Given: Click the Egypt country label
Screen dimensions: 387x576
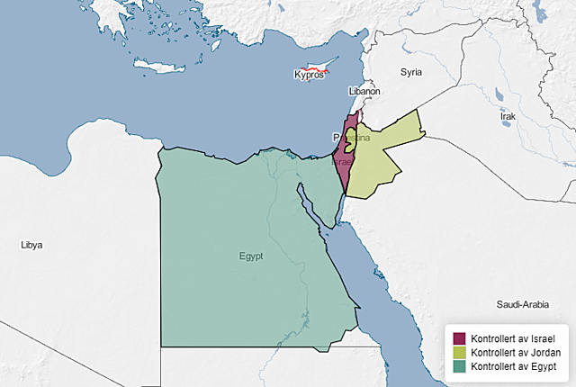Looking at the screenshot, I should [x=251, y=256].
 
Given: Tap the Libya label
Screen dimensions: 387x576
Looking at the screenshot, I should [x=31, y=245].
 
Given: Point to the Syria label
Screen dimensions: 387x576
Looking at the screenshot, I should [x=411, y=71].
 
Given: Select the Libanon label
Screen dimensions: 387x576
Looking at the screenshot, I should [x=364, y=92].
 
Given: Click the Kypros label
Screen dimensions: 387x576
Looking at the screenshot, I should [x=309, y=75].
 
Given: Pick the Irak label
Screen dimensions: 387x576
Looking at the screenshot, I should [x=508, y=117].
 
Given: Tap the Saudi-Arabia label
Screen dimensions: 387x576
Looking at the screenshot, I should [x=522, y=305].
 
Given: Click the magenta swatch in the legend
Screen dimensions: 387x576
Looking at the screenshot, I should [x=459, y=338].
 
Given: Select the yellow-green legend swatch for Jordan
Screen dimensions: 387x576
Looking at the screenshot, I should [x=459, y=353].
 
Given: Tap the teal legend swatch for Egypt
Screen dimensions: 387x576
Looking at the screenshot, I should [x=459, y=367].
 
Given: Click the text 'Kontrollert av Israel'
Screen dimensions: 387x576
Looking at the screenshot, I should [x=514, y=338].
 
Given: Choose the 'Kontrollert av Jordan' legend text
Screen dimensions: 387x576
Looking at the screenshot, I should [x=516, y=353].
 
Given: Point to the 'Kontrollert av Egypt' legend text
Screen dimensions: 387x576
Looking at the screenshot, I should [x=514, y=367].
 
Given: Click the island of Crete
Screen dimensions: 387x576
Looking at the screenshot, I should [x=158, y=66].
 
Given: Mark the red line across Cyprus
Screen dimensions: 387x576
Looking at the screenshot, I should [x=313, y=68].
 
